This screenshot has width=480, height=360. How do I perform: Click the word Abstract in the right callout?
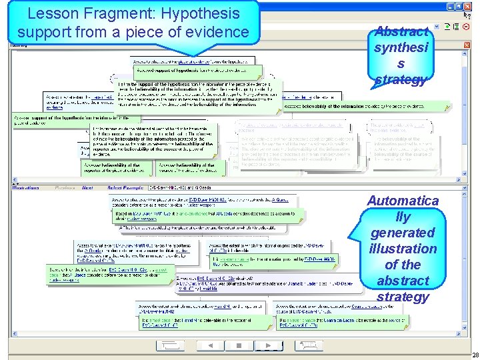pyautogui.click(x=401, y=31)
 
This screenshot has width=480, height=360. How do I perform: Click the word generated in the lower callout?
pyautogui.click(x=403, y=232)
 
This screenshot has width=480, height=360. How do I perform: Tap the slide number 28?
pyautogui.click(x=474, y=355)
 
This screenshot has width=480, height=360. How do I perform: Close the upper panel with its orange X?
pyautogui.click(x=466, y=45)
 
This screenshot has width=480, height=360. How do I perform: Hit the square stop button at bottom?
pyautogui.click(x=237, y=345)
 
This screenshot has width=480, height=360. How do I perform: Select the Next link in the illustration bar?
pyautogui.click(x=87, y=188)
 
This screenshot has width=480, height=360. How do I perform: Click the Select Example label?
pyautogui.click(x=125, y=188)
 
